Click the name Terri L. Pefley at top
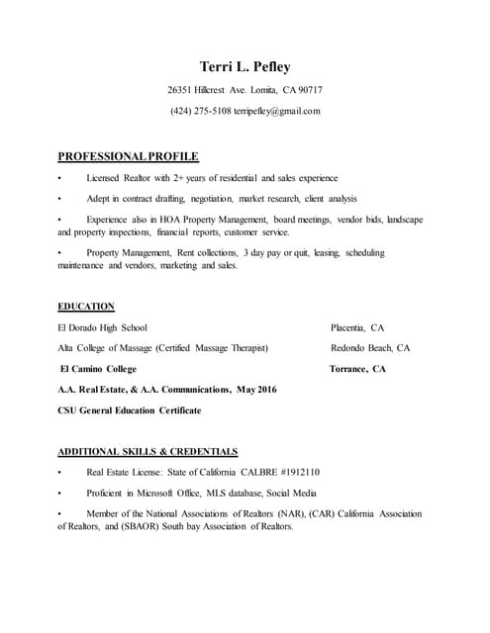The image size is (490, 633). click(x=245, y=67)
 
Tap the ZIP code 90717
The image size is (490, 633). click(x=306, y=91)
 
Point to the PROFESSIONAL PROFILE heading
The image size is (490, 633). click(x=128, y=156)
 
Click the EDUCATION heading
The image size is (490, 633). click(x=86, y=307)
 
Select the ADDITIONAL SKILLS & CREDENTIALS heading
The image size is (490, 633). click(x=147, y=451)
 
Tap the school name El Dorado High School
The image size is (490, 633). click(x=104, y=327)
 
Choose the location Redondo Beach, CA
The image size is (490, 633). click(x=369, y=348)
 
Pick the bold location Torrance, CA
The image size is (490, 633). click(x=357, y=369)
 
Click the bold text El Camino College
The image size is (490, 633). click(x=99, y=369)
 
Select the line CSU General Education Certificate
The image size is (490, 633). click(x=129, y=410)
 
